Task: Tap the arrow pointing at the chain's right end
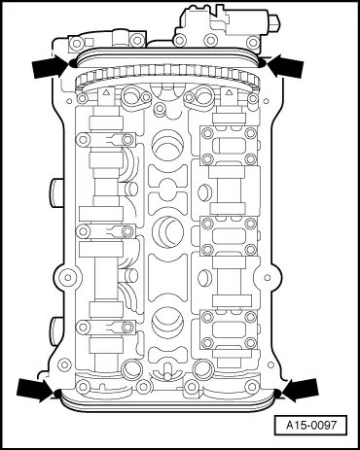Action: (285, 66)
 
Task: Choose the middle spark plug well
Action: (167, 233)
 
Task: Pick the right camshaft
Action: (230, 233)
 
